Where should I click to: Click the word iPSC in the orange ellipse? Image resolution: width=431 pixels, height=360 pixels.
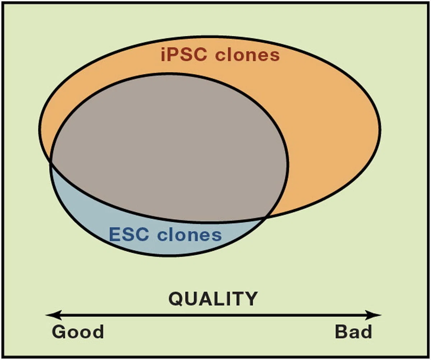pos(184,55)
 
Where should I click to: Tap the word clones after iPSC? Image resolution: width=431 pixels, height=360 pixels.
pos(247,55)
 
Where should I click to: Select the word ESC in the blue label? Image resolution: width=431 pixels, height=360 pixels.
pos(129,234)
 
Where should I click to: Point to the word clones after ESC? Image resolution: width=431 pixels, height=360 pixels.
pos(189,234)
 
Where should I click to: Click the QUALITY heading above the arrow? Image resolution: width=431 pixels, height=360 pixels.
pos(213,299)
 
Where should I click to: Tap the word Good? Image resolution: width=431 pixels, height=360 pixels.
pos(78,332)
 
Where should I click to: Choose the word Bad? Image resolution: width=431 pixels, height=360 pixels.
pos(353,332)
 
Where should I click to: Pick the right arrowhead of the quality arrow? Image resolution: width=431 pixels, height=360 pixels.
pos(373,315)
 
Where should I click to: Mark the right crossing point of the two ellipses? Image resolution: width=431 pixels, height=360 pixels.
pos(265,217)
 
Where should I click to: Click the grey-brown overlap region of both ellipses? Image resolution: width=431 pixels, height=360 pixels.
pos(165,144)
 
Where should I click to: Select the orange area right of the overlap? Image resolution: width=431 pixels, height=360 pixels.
pos(330,134)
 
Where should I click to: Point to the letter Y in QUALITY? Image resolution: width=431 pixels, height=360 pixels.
pos(250,299)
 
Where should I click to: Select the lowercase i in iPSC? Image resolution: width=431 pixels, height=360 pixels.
pos(163,55)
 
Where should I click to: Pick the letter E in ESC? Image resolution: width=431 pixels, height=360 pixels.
pos(115,234)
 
